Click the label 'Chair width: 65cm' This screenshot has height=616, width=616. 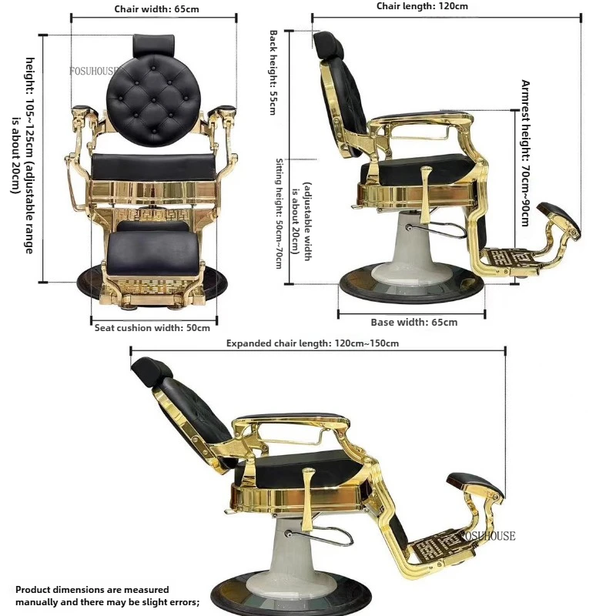(156, 9)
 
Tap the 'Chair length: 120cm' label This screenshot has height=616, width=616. (422, 6)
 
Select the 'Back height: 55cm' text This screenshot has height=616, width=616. (273, 72)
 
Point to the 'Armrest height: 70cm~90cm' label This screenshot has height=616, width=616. (525, 152)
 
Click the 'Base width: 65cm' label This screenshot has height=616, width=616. (414, 322)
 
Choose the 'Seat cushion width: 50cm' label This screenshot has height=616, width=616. (152, 328)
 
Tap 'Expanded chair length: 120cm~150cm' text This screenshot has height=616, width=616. (313, 343)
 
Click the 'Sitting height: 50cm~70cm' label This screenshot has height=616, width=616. (279, 213)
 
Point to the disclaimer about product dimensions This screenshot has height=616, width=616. (108, 595)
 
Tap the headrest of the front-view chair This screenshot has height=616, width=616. (153, 45)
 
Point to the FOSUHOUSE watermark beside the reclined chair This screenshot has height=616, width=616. (487, 536)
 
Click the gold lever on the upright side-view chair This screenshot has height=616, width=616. (426, 196)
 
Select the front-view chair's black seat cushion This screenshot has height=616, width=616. (153, 167)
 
